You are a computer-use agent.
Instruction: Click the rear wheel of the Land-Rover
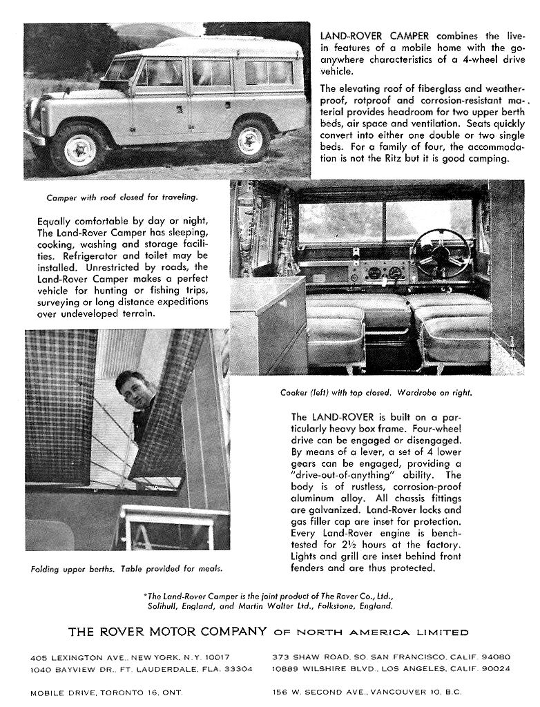click(x=250, y=140)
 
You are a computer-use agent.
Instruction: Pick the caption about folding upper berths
click(x=127, y=570)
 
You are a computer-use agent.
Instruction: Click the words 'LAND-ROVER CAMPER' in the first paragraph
click(x=374, y=36)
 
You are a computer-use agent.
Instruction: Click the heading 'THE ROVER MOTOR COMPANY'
click(x=167, y=631)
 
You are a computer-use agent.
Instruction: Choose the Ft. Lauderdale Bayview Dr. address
click(x=141, y=669)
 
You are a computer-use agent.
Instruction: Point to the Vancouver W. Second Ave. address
click(x=367, y=692)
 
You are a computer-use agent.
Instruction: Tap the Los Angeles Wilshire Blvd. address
click(x=392, y=669)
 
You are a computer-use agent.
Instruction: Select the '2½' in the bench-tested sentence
click(x=372, y=545)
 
